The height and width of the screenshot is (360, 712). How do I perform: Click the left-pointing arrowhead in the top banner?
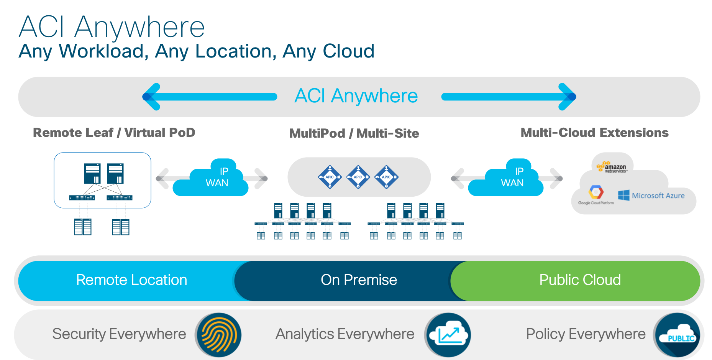[x=151, y=97]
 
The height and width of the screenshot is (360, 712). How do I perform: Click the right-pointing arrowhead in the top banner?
[x=567, y=97]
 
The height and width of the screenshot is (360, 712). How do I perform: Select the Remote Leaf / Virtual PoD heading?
[x=114, y=133]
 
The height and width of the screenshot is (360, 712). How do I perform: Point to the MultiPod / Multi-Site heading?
[x=354, y=133]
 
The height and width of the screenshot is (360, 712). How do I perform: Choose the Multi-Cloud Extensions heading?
[x=594, y=133]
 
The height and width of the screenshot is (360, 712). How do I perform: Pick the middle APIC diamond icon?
[x=358, y=177]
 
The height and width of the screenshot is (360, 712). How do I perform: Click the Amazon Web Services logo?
[x=613, y=168]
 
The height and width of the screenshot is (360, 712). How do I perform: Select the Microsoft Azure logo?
[x=651, y=196]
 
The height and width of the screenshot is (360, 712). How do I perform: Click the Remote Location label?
[x=131, y=280]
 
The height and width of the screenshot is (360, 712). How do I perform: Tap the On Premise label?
[x=359, y=280]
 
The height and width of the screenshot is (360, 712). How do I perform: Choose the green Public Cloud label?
[x=580, y=280]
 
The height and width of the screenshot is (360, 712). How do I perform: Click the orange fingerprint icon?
[x=218, y=335]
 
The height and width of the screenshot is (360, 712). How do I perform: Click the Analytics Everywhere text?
[x=345, y=334]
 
